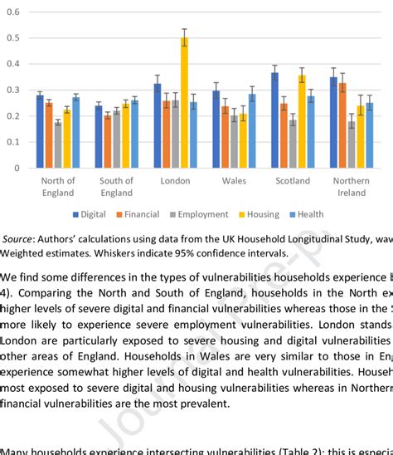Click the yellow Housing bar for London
pos(185,103)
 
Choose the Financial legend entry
pos(142,214)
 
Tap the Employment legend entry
pos(201,214)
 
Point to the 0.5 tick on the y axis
pos(13,38)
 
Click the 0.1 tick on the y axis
pos(13,142)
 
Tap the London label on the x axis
pos(175,181)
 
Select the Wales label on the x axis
pos(234,181)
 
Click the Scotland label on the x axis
pos(293,181)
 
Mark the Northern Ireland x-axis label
pos(352,187)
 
